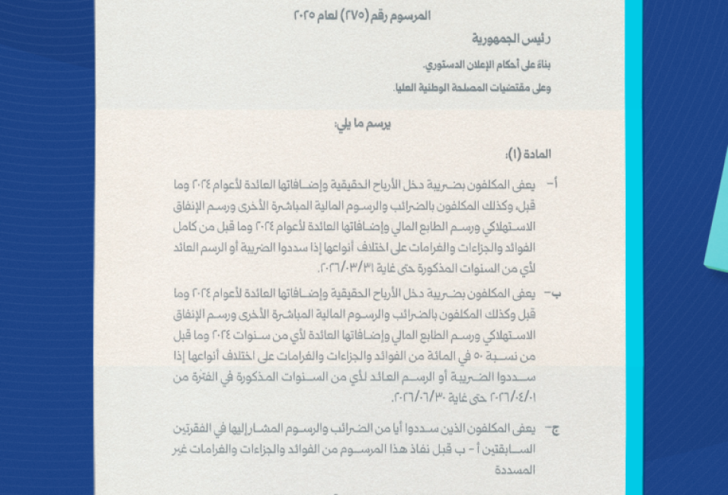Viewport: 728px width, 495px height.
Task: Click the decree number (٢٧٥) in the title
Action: pyautogui.click(x=348, y=15)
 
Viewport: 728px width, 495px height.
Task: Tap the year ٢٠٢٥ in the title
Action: pyautogui.click(x=305, y=15)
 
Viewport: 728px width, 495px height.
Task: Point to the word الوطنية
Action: pyautogui.click(x=435, y=88)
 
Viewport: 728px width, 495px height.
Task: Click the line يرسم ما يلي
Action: pyautogui.click(x=363, y=123)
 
